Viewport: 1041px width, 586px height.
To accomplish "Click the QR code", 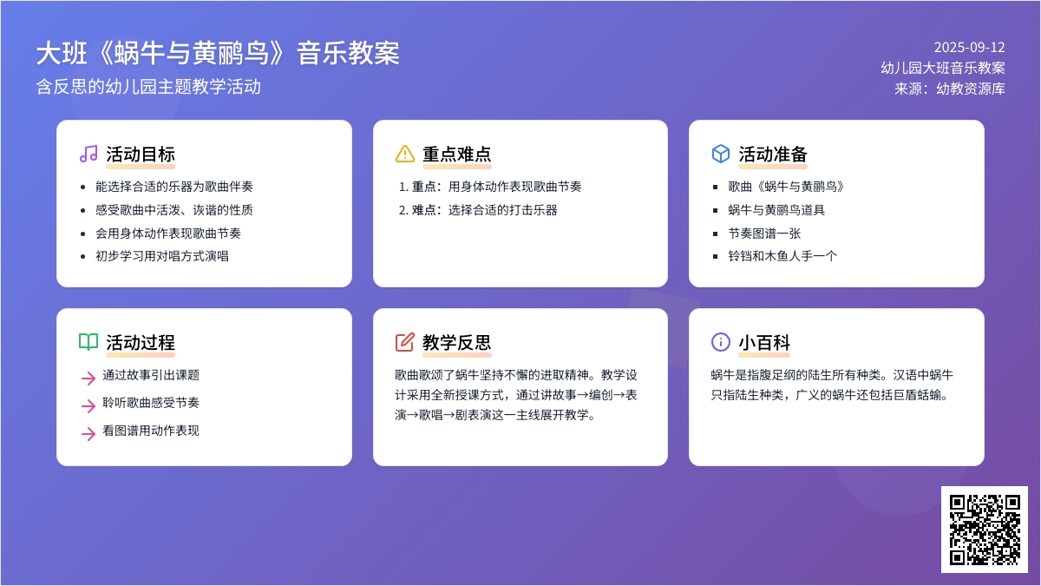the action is [x=985, y=530].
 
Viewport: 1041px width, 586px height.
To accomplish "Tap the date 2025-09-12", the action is [x=970, y=48].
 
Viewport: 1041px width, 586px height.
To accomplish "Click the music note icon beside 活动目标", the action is [x=88, y=154].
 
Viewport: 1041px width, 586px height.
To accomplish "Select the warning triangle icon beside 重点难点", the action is [x=405, y=154].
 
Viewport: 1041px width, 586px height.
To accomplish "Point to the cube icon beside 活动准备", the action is [x=721, y=154].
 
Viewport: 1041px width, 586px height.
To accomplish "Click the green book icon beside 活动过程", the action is [x=88, y=342].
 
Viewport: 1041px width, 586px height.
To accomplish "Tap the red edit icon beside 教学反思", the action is [x=405, y=342].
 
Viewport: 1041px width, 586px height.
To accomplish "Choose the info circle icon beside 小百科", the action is [x=721, y=342].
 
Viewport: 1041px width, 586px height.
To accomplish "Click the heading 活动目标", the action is [x=141, y=154].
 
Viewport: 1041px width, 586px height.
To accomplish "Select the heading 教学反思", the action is [x=457, y=342].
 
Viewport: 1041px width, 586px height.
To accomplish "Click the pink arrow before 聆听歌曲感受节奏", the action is [x=88, y=405].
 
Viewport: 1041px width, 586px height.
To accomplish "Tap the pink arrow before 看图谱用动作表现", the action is [x=88, y=433].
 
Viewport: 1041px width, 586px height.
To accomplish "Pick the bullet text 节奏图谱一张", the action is [x=764, y=233].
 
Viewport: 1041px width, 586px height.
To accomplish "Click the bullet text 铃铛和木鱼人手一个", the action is [x=782, y=256].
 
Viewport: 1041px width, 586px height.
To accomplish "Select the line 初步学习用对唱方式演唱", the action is [x=162, y=256].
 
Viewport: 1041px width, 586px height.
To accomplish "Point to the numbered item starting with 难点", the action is [x=484, y=210].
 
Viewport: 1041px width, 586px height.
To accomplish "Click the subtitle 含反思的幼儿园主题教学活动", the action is [x=148, y=87].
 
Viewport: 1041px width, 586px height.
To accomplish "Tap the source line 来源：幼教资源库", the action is [x=950, y=89].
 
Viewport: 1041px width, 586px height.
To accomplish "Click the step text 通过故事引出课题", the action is [x=151, y=375].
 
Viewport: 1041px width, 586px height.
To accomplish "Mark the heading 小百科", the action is [x=764, y=342].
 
